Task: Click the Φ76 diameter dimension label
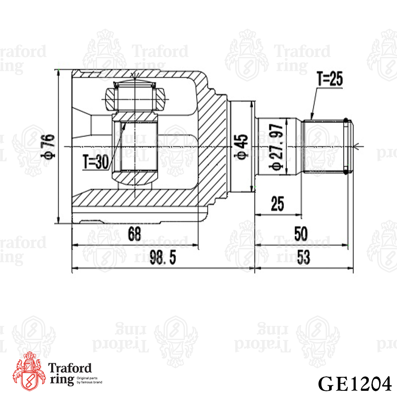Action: pos(48,147)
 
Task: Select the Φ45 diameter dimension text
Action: pos(241,147)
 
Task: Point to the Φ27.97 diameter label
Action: pos(276,147)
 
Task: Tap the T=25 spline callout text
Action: pos(330,79)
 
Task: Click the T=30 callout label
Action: pos(96,162)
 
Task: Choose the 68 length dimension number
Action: pos(134,233)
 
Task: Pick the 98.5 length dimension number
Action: pos(162,257)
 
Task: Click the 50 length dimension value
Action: pos(301,233)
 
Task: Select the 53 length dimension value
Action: pos(303,257)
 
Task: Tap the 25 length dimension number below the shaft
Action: pos(277,203)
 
